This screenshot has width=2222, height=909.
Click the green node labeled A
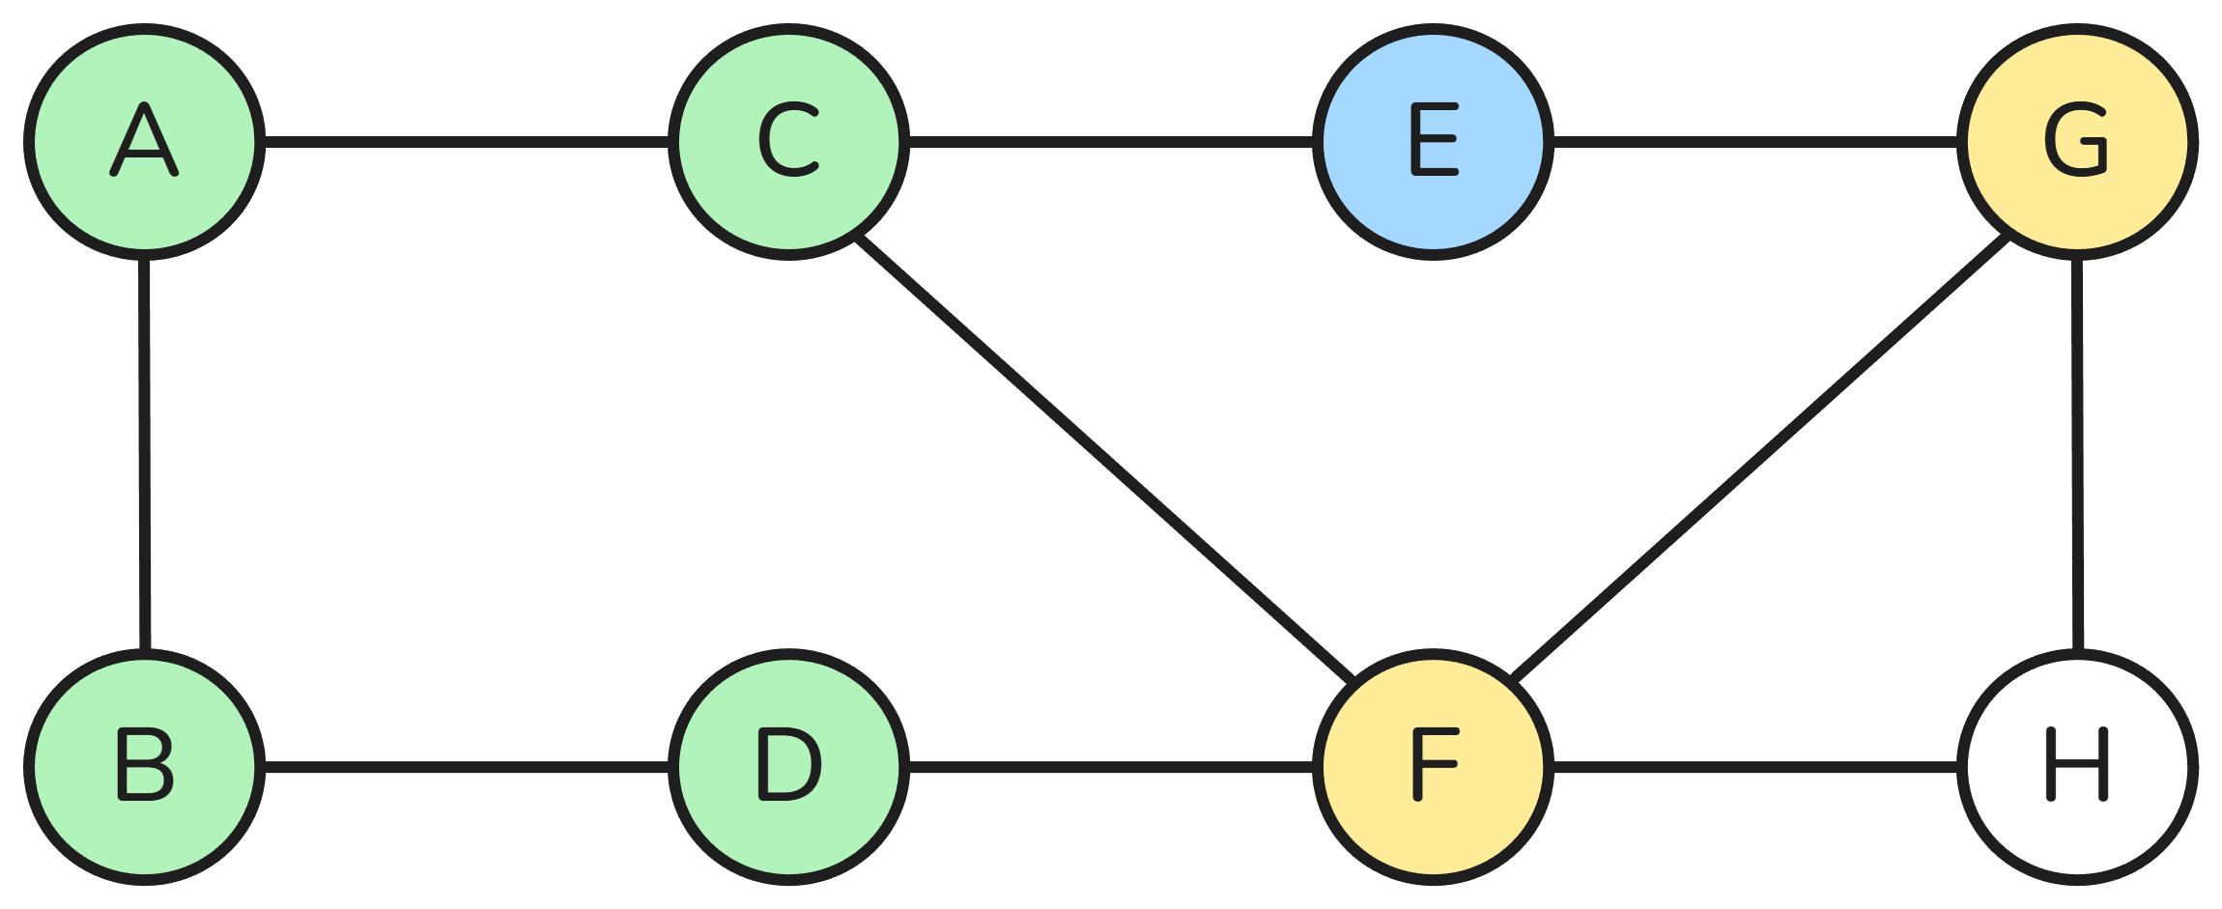[145, 142]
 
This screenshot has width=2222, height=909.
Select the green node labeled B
[145, 767]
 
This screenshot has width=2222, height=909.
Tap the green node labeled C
[788, 142]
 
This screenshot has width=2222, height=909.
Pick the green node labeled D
[788, 767]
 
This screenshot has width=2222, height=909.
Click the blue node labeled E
[1433, 142]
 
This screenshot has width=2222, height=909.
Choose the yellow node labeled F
[1433, 767]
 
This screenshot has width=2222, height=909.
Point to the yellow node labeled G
[2077, 142]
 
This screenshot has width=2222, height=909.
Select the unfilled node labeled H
[2077, 767]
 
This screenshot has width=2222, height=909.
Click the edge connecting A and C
[467, 142]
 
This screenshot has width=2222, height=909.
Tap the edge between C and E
[1111, 142]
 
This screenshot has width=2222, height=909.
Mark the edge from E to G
[1754, 142]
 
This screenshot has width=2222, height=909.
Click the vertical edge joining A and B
[145, 454]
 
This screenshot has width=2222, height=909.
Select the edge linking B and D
[467, 767]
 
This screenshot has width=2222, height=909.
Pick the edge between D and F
[1111, 767]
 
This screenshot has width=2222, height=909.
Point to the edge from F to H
[1754, 767]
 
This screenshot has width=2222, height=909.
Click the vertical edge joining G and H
[2077, 454]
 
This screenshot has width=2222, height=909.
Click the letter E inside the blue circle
[1434, 141]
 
